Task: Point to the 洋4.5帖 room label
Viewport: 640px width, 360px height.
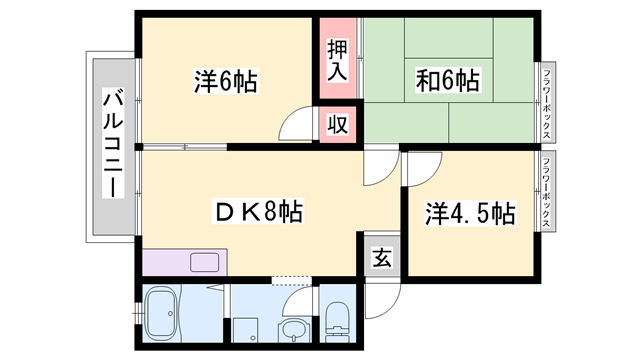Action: point(471,213)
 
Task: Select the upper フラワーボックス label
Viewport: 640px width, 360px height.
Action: point(548,95)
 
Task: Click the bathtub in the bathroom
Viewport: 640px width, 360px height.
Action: point(163,314)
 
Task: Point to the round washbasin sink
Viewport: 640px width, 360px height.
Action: point(293,331)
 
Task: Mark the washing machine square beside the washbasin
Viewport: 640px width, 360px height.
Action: point(247,331)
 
